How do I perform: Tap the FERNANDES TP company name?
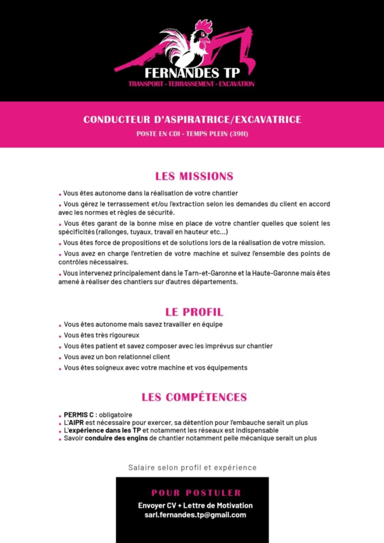pyautogui.click(x=192, y=73)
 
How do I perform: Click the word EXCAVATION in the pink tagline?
pyautogui.click(x=236, y=84)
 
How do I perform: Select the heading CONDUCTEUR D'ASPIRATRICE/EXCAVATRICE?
pyautogui.click(x=192, y=119)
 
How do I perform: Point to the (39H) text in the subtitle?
pyautogui.click(x=239, y=134)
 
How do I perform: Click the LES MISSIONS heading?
pyautogui.click(x=194, y=176)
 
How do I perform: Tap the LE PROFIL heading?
pyautogui.click(x=194, y=312)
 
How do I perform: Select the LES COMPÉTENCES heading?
pyautogui.click(x=194, y=397)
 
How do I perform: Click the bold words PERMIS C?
pyautogui.click(x=79, y=415)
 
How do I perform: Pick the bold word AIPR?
pyautogui.click(x=76, y=423)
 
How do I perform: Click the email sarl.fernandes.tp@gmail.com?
pyautogui.click(x=195, y=515)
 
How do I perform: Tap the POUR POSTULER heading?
pyautogui.click(x=196, y=493)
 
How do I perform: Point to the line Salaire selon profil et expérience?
pyautogui.click(x=192, y=468)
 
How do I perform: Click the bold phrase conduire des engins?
pyautogui.click(x=116, y=438)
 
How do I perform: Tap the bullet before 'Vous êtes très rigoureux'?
pyautogui.click(x=60, y=336)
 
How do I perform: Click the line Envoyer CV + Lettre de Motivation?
pyautogui.click(x=195, y=506)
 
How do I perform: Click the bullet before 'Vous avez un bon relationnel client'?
pyautogui.click(x=60, y=358)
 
